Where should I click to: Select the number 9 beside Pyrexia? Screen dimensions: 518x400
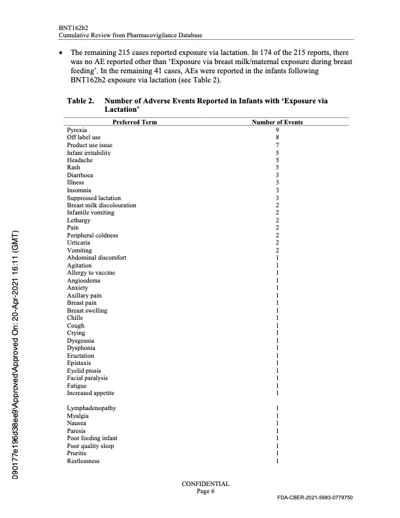tap(278, 130)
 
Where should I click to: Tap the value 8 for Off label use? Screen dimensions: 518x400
tap(278, 137)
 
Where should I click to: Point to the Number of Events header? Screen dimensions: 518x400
tap(278, 122)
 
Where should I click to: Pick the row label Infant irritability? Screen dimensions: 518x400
tap(89, 152)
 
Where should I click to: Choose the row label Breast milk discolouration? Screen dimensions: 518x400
tap(101, 205)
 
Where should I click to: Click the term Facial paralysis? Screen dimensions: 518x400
tap(87, 378)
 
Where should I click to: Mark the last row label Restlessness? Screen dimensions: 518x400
tap(84, 461)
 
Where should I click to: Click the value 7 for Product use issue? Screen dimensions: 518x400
tap(278, 145)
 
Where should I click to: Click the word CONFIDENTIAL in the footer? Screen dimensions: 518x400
tap(206, 484)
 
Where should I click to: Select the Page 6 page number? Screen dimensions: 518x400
tap(206, 492)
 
